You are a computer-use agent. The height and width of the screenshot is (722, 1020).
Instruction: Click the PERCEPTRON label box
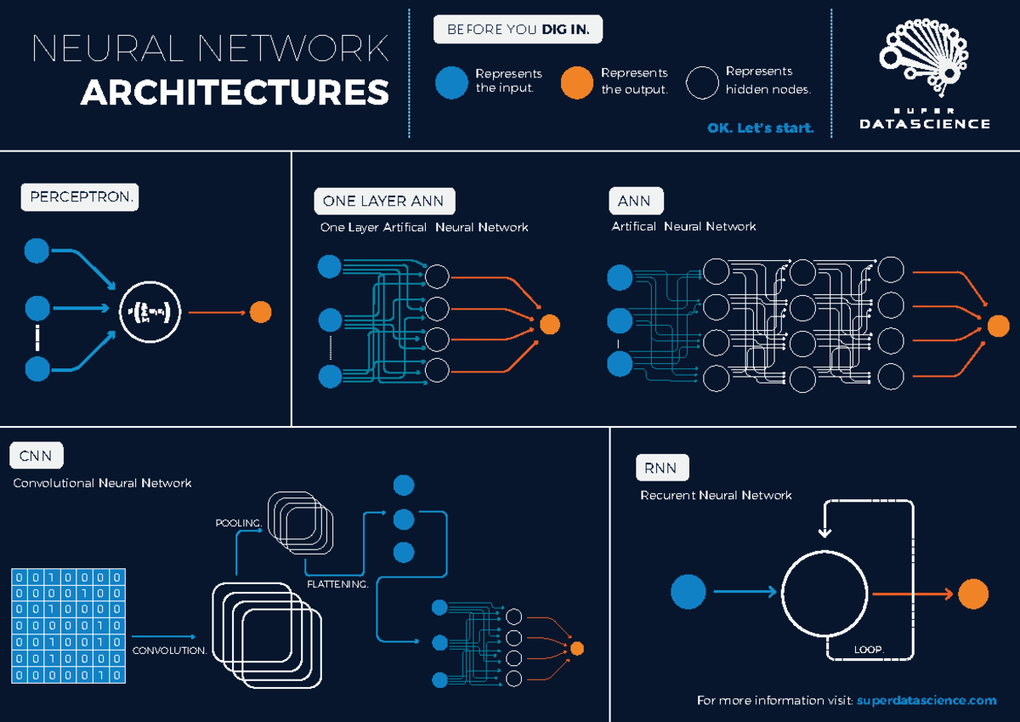click(79, 197)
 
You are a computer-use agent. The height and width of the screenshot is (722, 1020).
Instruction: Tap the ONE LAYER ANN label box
click(384, 202)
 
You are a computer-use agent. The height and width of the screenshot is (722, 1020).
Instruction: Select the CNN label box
click(36, 456)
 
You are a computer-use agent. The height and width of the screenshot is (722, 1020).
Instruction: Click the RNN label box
click(661, 467)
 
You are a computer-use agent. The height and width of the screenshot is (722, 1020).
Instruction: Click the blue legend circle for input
click(451, 82)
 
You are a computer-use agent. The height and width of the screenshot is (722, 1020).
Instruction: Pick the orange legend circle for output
click(577, 82)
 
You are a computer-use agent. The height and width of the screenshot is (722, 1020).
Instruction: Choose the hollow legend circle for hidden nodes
click(703, 82)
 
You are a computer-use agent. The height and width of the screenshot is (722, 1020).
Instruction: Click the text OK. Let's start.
click(760, 128)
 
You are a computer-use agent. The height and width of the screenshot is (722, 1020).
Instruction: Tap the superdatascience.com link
click(926, 700)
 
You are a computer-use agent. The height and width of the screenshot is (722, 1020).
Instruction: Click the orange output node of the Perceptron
click(260, 312)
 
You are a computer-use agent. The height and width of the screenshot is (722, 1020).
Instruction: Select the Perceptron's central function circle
click(150, 312)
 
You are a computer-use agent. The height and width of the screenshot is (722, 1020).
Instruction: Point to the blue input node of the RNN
click(688, 592)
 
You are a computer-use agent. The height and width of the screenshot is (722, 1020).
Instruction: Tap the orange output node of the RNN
click(973, 594)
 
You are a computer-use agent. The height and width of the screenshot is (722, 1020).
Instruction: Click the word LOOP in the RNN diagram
click(869, 651)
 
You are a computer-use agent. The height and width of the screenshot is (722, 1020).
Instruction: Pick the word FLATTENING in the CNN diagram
click(337, 585)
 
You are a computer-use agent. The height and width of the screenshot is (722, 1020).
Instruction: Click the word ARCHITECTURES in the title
click(235, 93)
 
